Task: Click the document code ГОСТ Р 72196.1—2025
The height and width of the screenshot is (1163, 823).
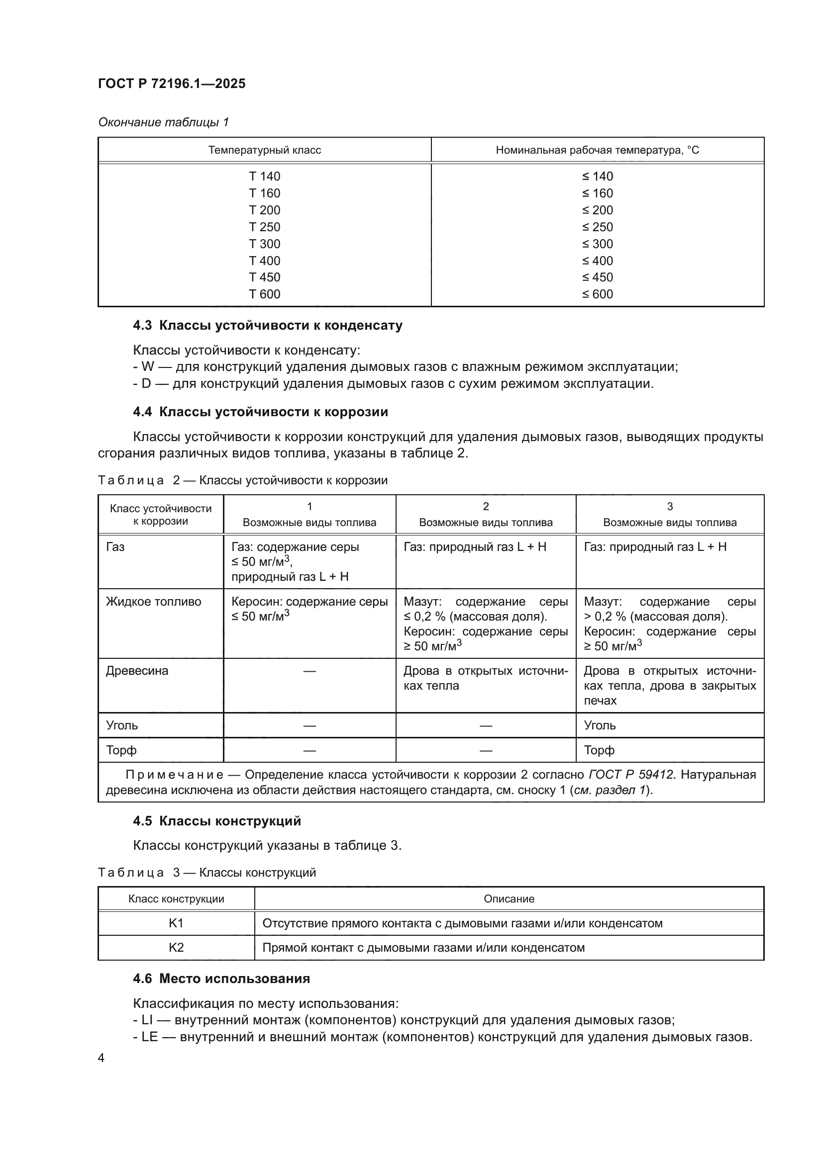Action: coord(171,84)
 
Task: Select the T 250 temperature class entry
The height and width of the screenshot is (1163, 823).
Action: coord(264,227)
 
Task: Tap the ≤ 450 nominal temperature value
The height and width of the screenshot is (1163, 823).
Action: coord(597,277)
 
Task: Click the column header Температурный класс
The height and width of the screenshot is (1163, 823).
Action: coord(264,150)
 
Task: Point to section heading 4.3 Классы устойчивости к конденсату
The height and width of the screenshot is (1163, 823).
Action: coord(267,325)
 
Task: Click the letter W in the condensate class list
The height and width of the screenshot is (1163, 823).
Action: coord(147,367)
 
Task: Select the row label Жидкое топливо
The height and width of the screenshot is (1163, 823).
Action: coord(153,601)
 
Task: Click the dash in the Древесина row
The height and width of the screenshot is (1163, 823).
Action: coord(309,671)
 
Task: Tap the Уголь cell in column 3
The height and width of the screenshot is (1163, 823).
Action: coord(600,725)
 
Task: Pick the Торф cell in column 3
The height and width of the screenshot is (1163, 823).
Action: coord(599,750)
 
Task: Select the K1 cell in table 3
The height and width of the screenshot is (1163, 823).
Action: coord(176,923)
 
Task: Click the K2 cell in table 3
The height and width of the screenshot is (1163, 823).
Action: coord(176,947)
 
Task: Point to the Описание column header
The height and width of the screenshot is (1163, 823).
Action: coord(509,898)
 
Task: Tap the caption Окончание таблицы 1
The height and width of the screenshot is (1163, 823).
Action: coord(163,122)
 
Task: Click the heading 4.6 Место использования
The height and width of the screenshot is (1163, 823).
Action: coord(221,979)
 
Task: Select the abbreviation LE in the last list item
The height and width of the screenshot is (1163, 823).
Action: coord(149,1037)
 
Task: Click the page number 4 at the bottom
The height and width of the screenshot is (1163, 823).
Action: coord(101,1058)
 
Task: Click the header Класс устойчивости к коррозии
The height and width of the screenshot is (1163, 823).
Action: coord(160,515)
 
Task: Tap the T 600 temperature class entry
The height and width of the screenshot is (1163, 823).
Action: coord(264,294)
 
